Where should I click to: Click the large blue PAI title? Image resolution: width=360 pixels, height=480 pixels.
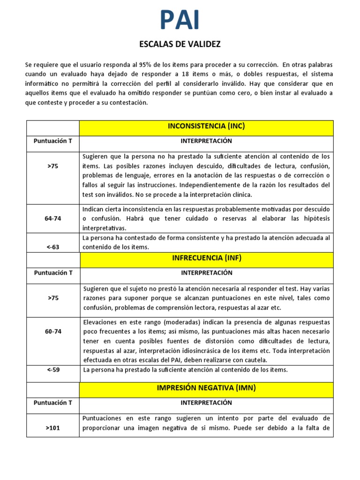click(180, 20)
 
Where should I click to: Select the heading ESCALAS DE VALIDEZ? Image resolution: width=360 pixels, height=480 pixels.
click(180, 45)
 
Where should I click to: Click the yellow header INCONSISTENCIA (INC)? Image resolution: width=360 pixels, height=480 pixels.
click(206, 127)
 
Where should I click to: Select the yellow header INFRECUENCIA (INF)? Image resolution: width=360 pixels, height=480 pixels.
click(206, 258)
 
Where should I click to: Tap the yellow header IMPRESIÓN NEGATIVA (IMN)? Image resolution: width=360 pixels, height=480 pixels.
click(206, 388)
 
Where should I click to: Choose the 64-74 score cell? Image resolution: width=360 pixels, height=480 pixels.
click(52, 218)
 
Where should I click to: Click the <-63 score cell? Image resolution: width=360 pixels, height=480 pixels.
click(52, 247)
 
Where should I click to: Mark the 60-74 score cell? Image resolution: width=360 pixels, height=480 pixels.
click(52, 331)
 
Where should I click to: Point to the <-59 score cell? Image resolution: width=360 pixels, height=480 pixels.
click(52, 370)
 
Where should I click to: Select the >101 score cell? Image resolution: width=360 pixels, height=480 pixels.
click(52, 427)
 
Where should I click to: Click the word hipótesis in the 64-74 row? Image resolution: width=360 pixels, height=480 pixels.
click(316, 218)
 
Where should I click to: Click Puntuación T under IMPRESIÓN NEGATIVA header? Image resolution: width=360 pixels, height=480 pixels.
click(52, 403)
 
